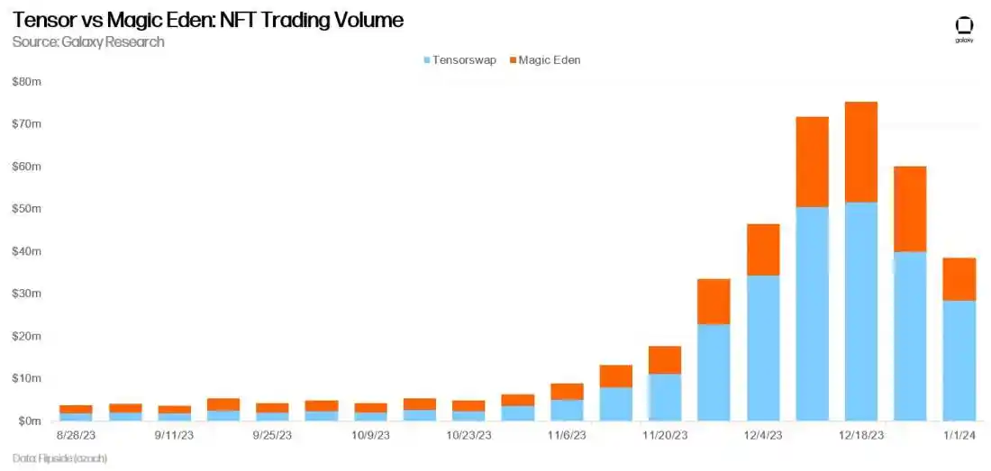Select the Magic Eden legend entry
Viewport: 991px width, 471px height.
[549, 59]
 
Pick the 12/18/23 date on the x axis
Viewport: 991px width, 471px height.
[860, 435]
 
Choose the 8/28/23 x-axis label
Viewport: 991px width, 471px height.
[76, 435]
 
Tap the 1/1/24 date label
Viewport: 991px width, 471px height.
[959, 435]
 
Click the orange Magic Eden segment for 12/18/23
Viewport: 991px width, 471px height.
[860, 151]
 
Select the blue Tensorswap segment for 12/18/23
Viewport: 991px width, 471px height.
[860, 311]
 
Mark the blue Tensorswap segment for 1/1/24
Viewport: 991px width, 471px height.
[959, 360]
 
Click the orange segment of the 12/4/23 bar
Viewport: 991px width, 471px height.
[763, 249]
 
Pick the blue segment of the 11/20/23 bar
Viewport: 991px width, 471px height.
[665, 397]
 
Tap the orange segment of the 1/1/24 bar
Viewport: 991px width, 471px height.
[959, 279]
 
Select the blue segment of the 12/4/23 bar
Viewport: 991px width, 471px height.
[763, 348]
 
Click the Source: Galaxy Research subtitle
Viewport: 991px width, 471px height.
[88, 41]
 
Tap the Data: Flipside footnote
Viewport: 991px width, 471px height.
[59, 458]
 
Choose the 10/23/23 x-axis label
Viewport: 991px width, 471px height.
[468, 435]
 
